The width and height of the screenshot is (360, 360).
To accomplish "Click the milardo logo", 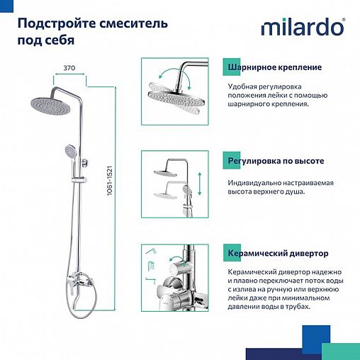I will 303,28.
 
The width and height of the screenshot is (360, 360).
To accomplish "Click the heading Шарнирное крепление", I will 274,67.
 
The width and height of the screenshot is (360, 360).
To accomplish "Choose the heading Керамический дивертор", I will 278,253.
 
